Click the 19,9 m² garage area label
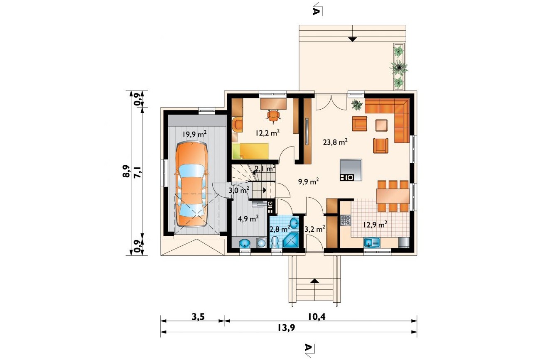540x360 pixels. pyautogui.click(x=194, y=134)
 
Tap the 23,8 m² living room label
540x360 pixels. pyautogui.click(x=335, y=142)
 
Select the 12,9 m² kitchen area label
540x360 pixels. pyautogui.click(x=376, y=225)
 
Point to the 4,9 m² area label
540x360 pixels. pyautogui.click(x=248, y=219)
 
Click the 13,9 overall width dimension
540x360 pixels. pyautogui.click(x=286, y=328)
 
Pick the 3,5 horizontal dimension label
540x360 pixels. pyautogui.click(x=198, y=317)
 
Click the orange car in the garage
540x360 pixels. pyautogui.click(x=191, y=184)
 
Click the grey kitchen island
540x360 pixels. pyautogui.click(x=351, y=170)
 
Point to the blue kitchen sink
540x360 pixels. pyautogui.click(x=372, y=242)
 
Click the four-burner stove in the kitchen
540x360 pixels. pyautogui.click(x=346, y=220)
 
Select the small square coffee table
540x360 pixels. pyautogui.click(x=382, y=125)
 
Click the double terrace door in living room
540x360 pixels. pyautogui.click(x=331, y=102)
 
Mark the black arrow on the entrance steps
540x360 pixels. pyautogui.click(x=314, y=280)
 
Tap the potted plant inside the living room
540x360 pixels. pyautogui.click(x=356, y=105)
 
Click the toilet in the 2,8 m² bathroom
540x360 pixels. pyautogui.click(x=275, y=242)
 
